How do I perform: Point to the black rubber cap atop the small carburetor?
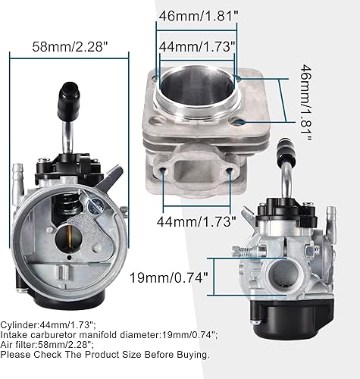click(x=287, y=149)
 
